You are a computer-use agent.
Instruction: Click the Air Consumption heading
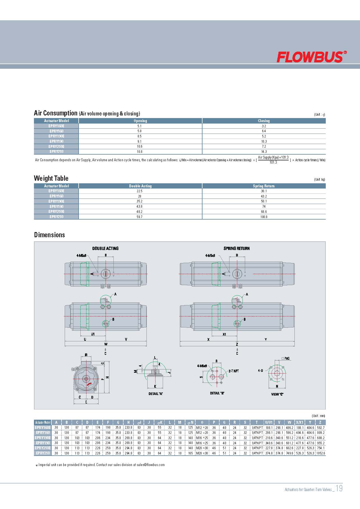[x=55, y=113]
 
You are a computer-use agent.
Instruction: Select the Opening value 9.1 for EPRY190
[x=140, y=142]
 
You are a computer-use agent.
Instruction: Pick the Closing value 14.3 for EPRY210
[x=264, y=152]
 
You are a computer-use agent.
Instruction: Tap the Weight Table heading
[x=51, y=178]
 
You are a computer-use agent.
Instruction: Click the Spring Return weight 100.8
[x=264, y=217]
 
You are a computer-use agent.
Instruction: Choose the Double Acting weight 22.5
[x=140, y=191]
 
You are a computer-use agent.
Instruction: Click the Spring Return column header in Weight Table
[x=264, y=186]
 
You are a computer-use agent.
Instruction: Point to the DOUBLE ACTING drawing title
[x=105, y=249]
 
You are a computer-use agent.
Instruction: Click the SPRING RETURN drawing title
[x=236, y=249]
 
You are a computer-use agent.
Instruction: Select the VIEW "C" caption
[x=277, y=394]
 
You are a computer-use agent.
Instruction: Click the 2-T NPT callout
[x=234, y=371]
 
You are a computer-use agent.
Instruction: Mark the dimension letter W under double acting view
[x=106, y=344]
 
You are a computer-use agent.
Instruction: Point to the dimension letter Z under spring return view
[x=237, y=344]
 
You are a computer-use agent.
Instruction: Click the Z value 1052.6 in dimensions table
[x=321, y=453]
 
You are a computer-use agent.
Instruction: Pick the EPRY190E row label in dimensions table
[x=43, y=438]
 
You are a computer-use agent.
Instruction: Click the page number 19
[x=339, y=488]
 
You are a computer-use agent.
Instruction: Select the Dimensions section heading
[x=50, y=235]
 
